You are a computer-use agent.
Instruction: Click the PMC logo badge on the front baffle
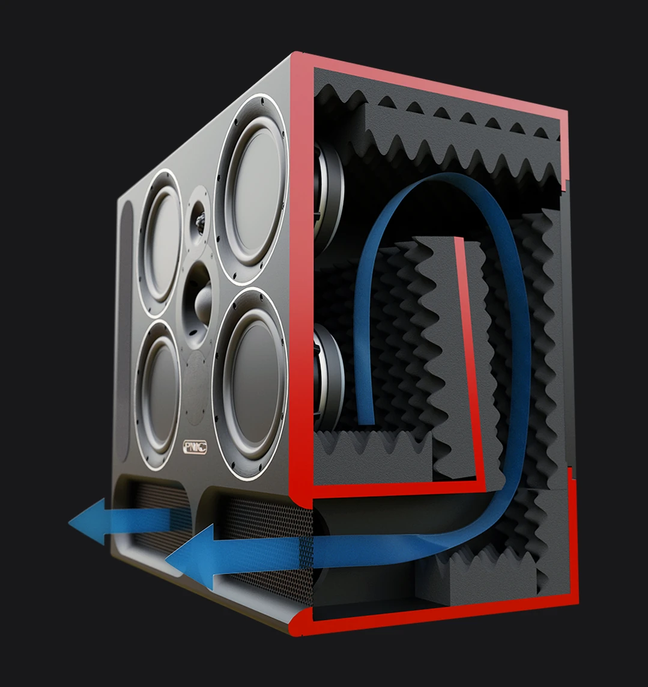click(195, 448)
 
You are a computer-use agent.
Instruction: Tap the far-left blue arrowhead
click(88, 521)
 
